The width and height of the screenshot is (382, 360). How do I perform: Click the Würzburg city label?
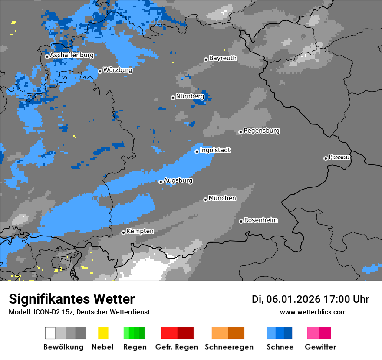click(118, 70)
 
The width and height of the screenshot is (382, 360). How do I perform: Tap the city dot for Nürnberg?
click(173, 98)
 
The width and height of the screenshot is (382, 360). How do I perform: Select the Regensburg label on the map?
click(261, 131)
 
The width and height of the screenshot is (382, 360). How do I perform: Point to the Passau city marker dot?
click(326, 158)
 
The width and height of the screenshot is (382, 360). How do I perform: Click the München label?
click(222, 198)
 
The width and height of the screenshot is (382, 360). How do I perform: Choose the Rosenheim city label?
click(260, 220)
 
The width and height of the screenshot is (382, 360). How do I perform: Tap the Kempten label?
click(140, 231)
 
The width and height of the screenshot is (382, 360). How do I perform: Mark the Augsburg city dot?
click(161, 182)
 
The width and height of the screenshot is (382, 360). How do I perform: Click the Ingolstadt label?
click(215, 150)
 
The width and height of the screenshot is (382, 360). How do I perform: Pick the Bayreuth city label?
click(223, 58)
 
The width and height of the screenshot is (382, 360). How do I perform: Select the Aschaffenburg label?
click(72, 55)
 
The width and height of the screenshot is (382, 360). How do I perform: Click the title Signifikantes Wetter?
click(72, 299)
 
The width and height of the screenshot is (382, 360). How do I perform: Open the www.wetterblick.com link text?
click(313, 312)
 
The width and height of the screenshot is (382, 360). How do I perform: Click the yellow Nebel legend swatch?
click(103, 333)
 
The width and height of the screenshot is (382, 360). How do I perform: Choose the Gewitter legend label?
click(320, 347)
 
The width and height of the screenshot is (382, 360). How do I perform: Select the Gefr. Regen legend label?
click(177, 347)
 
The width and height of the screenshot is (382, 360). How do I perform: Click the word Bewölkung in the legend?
click(63, 347)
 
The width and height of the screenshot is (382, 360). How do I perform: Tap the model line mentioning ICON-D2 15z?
click(79, 312)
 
